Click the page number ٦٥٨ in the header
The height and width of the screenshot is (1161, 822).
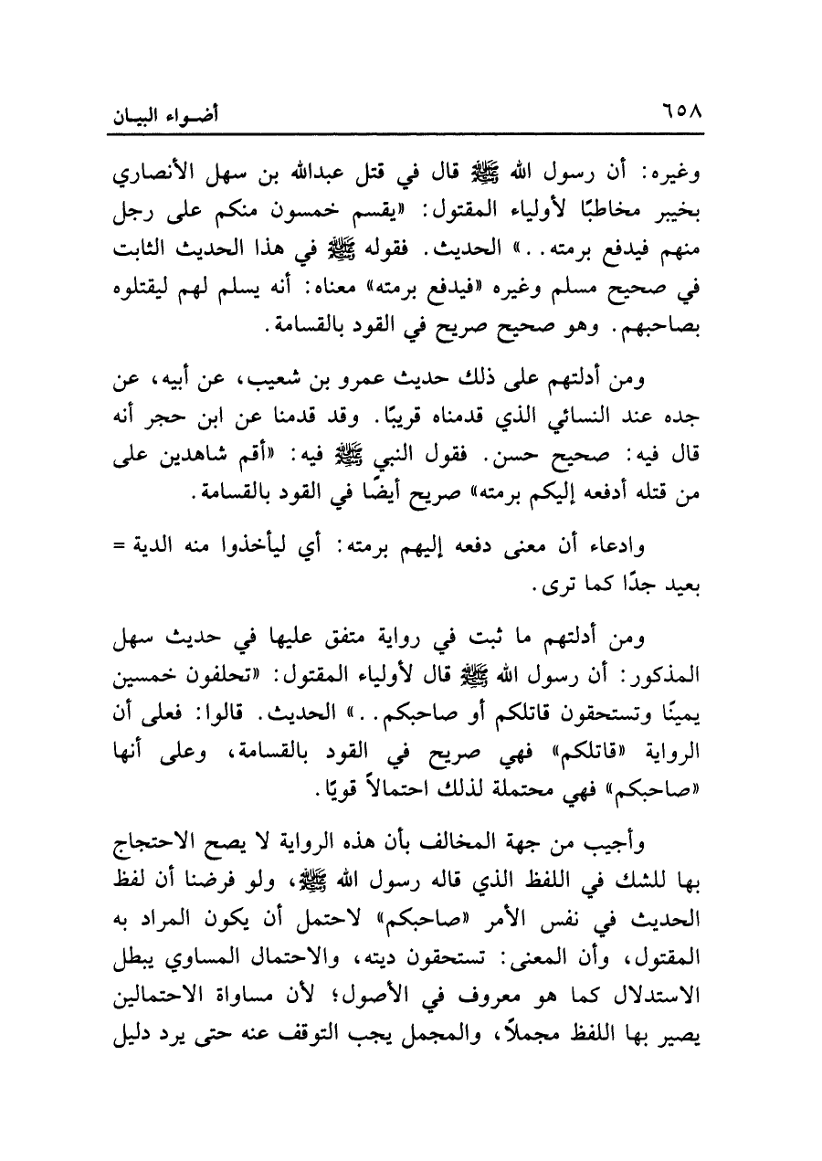point(675,119)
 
